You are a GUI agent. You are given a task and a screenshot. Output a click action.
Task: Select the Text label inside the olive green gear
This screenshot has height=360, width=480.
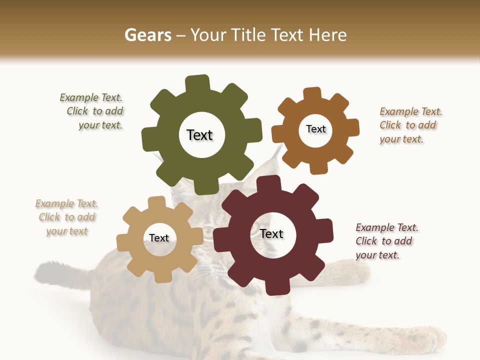click(199, 135)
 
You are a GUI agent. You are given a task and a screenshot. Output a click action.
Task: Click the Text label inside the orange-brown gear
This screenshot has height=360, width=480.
click(315, 129)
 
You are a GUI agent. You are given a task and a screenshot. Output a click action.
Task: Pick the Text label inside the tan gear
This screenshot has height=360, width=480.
click(159, 238)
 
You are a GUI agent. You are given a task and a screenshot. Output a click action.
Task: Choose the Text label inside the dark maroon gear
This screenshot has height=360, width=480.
click(271, 234)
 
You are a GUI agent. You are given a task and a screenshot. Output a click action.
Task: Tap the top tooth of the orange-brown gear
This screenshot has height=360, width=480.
click(312, 94)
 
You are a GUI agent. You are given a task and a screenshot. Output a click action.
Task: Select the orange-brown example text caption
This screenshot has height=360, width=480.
click(410, 125)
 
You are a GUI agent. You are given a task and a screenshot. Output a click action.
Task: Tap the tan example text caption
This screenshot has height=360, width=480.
click(67, 217)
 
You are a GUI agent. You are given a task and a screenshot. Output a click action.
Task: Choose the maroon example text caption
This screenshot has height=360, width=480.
click(386, 241)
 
